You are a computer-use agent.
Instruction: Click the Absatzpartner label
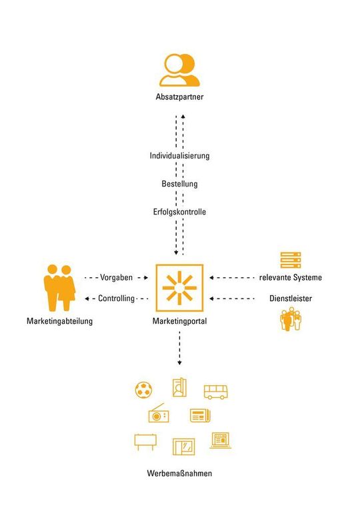click(179, 97)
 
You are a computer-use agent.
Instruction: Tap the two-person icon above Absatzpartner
click(179, 70)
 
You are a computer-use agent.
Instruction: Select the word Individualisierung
click(179, 156)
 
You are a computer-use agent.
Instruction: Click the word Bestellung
click(179, 184)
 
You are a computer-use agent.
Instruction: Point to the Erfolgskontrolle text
click(179, 212)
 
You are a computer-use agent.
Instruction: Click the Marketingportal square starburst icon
click(179, 288)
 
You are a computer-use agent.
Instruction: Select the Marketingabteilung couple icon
click(59, 288)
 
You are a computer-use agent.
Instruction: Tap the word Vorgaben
click(116, 278)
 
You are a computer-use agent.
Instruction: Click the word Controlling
click(116, 298)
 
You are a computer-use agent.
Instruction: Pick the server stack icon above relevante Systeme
click(291, 260)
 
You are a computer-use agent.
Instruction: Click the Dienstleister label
click(291, 298)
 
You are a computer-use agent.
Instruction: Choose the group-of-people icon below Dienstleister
click(291, 319)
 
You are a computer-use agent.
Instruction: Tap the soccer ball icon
click(143, 390)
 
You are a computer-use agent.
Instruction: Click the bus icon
click(216, 392)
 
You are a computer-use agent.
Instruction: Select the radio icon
click(159, 413)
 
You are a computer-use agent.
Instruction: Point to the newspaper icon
click(200, 416)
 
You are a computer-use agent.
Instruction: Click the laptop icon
click(221, 440)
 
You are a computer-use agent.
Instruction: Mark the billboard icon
click(145, 442)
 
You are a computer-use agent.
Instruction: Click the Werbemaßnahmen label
click(179, 473)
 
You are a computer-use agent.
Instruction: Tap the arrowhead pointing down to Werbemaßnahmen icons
click(179, 362)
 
